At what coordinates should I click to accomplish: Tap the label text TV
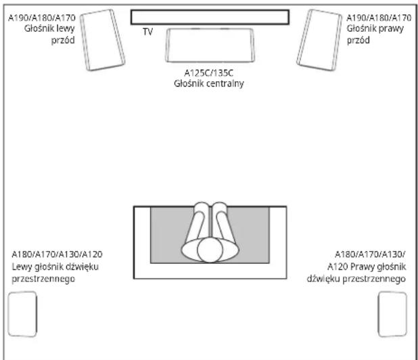[147, 32]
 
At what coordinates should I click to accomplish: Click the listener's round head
[210, 250]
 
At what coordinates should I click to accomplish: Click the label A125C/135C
[209, 73]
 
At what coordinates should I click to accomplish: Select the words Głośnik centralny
[209, 83]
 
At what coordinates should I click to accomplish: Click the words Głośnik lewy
[49, 28]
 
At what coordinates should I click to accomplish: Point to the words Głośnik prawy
[375, 28]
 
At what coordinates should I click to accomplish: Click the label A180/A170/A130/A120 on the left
[57, 254]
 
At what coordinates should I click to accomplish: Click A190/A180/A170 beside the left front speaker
[42, 18]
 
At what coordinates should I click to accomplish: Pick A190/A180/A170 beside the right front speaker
[379, 18]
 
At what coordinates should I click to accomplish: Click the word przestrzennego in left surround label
[43, 279]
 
